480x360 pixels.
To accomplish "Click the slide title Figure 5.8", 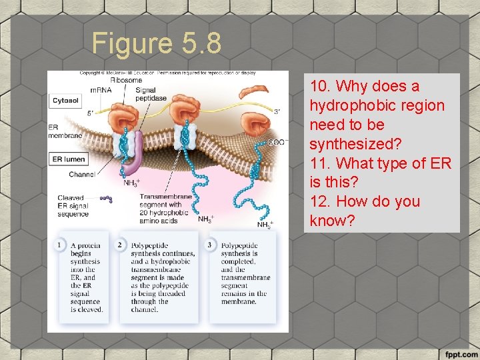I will [x=157, y=44].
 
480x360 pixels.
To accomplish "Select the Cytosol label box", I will [x=65, y=101].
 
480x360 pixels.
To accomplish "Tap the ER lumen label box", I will [x=68, y=159].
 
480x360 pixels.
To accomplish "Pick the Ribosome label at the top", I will [x=126, y=79].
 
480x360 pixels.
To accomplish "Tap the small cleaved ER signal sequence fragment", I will [x=105, y=198].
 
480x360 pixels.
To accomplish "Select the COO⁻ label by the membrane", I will [x=277, y=142].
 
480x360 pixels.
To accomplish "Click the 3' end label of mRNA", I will [x=277, y=111].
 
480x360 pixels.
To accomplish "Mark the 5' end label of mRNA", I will [x=91, y=113].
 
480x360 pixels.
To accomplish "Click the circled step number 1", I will [x=59, y=245].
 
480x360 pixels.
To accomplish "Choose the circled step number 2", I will [x=120, y=245].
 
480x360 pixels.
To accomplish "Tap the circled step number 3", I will [x=209, y=245].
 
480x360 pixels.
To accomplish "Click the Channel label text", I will [x=81, y=175].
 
